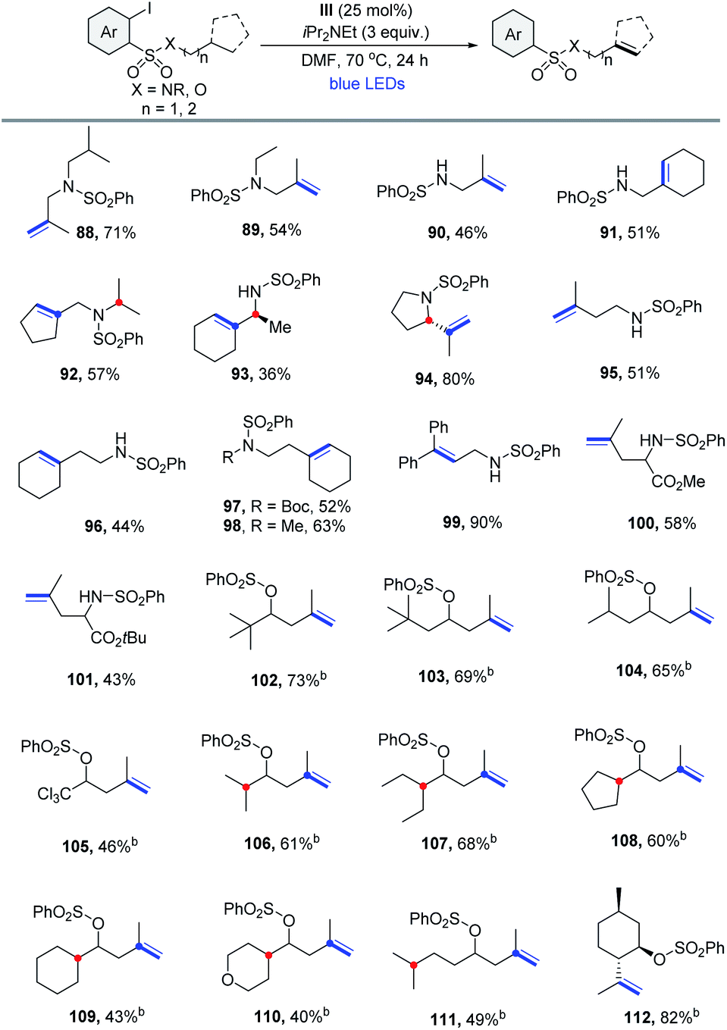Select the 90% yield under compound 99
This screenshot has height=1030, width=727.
486,522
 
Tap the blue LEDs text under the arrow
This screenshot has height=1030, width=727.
367,83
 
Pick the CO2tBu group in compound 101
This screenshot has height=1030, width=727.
118,637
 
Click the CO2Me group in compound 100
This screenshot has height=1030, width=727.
678,481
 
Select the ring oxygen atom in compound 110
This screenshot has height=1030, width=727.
228,980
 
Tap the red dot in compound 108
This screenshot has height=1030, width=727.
619,781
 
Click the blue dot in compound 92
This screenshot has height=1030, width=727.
58,315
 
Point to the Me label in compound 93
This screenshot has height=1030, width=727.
280,327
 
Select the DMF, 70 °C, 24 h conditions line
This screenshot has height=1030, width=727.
365,60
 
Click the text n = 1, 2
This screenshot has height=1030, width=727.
169,109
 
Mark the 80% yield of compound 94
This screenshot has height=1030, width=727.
458,379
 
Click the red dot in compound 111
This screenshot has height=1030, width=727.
413,964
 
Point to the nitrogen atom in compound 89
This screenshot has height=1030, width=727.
255,184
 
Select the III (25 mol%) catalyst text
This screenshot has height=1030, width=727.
367,10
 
